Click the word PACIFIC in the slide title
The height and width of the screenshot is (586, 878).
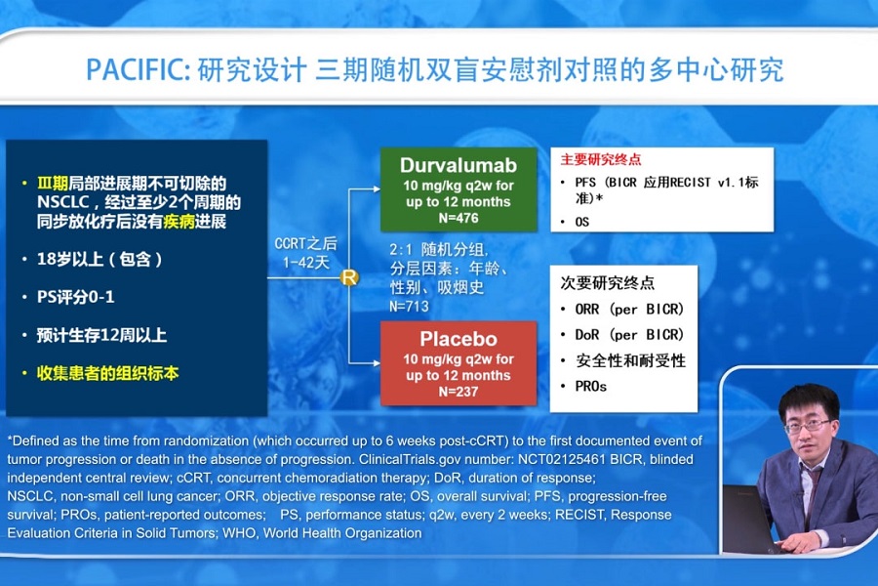point(138,70)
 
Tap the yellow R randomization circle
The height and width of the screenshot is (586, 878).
point(349,277)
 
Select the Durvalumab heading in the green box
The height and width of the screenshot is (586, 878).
point(459,165)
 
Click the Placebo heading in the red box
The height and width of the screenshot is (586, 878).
point(459,339)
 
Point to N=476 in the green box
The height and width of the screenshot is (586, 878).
point(459,218)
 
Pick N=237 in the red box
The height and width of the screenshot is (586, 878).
point(459,392)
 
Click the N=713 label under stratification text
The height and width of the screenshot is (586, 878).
point(410,306)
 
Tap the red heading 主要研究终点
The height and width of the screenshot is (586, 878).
point(601,160)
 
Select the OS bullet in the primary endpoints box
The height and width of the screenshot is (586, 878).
point(581,222)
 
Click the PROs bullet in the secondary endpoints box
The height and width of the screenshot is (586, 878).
point(591,387)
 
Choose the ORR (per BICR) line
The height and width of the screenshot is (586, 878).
point(629,309)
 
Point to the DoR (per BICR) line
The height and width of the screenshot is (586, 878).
point(629,335)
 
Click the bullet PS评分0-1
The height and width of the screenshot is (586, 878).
point(75,297)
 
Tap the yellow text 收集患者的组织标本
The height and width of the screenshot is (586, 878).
point(107,373)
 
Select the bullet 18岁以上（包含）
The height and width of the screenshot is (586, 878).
point(100,259)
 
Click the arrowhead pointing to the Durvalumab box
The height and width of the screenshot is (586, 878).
point(377,188)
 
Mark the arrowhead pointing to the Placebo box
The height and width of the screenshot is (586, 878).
point(377,362)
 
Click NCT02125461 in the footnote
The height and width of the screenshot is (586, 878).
point(562,459)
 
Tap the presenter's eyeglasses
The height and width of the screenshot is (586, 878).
point(808,426)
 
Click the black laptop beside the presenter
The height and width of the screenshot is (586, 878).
point(750,519)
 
